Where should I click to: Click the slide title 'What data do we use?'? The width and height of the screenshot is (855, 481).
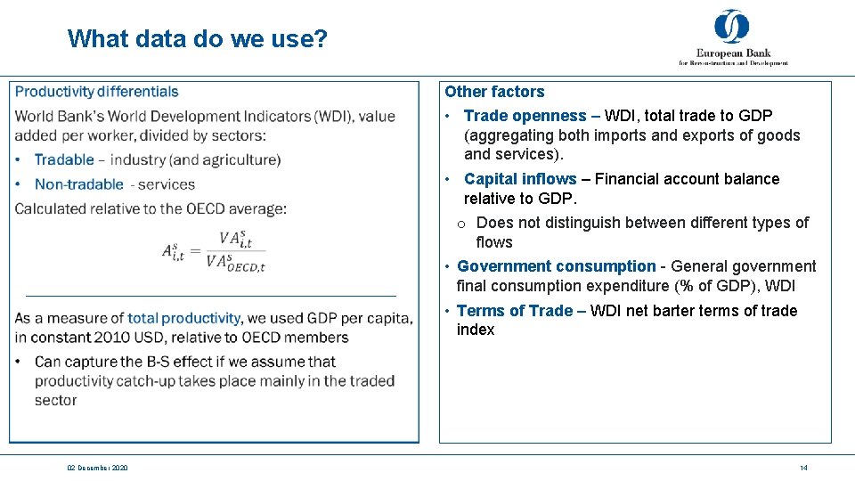[198, 39]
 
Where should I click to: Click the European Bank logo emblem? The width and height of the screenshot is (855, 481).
[731, 27]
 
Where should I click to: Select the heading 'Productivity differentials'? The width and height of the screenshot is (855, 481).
[97, 92]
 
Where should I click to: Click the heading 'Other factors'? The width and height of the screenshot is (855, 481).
[494, 92]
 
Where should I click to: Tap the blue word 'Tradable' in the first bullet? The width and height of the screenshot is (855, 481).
[64, 159]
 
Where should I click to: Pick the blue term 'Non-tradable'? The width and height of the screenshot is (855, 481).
[78, 184]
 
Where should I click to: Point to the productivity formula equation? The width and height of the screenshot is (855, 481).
[214, 249]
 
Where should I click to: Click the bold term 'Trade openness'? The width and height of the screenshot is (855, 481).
[525, 116]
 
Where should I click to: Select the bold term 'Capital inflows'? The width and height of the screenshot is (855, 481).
[520, 179]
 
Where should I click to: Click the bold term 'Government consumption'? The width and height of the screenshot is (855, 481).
[556, 266]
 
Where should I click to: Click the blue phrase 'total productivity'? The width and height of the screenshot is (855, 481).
[183, 318]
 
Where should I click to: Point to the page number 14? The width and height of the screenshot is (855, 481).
[803, 468]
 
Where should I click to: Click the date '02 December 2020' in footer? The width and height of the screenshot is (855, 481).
[97, 468]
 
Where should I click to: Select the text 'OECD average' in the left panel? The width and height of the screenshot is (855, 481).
[239, 209]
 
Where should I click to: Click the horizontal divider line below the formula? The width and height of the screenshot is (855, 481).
[211, 295]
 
